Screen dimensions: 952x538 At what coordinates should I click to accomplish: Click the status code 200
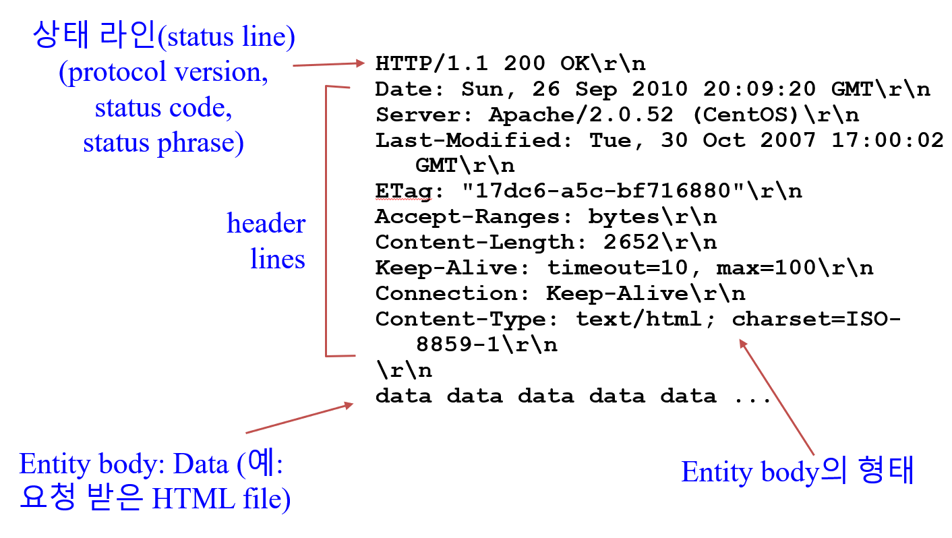coord(525,63)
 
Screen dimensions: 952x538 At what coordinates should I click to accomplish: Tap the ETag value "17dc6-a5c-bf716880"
coord(597,191)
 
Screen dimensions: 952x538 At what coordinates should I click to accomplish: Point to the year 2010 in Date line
coord(660,89)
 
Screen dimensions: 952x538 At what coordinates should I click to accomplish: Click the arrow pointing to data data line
coord(300,418)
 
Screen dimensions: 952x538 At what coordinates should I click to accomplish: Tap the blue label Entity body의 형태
coord(797,472)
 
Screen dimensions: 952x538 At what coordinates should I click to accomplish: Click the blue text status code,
coord(164,108)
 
